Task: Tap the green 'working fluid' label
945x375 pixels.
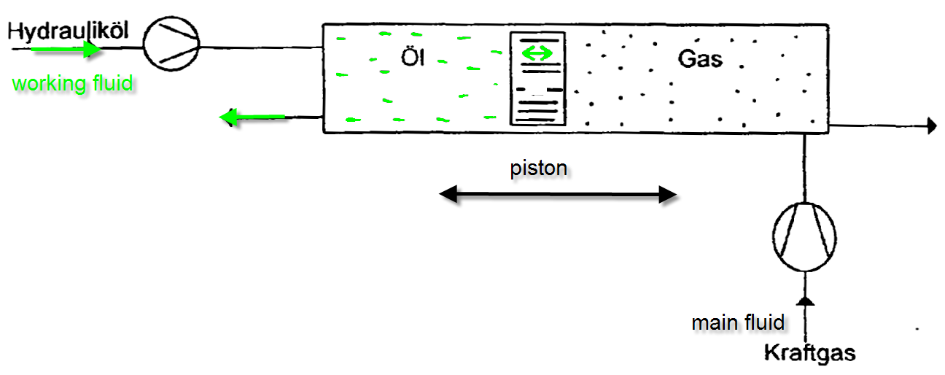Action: pos(73,82)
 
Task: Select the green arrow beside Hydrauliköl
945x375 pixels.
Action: pos(66,50)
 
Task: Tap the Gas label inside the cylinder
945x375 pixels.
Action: pos(700,58)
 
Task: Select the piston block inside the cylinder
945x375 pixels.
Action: pos(537,78)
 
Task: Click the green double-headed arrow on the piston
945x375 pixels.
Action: pos(537,53)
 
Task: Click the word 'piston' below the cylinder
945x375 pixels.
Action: pos(538,169)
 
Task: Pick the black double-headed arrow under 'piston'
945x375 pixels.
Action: pos(559,195)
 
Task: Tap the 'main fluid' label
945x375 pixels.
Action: pos(738,322)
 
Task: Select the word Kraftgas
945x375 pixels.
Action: pos(809,353)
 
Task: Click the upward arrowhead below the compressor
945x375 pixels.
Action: pos(804,300)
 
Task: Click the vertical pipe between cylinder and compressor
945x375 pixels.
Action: pos(804,168)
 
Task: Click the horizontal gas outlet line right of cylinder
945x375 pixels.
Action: pos(875,125)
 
